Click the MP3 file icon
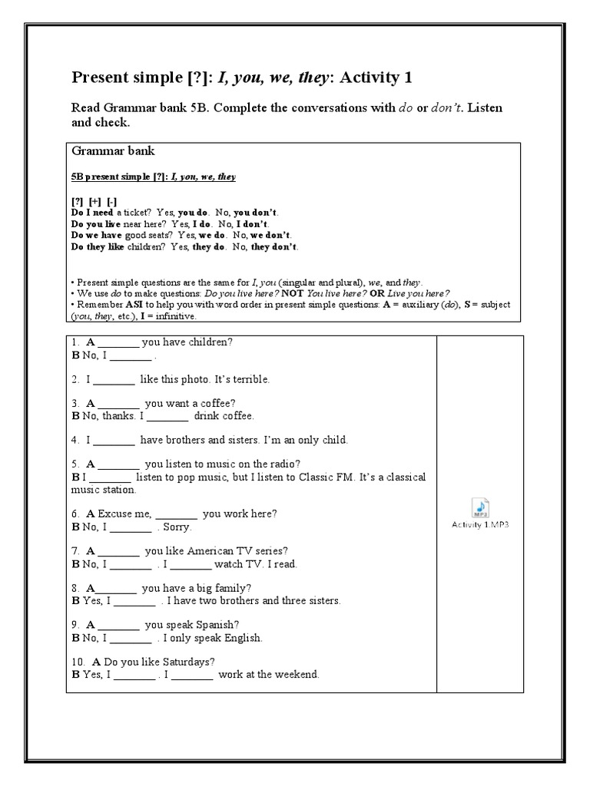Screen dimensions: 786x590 coord(480,507)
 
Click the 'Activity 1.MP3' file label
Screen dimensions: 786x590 coord(480,525)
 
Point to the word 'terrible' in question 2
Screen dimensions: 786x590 coord(250,379)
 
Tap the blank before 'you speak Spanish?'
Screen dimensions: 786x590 coord(119,625)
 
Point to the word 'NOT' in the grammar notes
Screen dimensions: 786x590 coord(295,293)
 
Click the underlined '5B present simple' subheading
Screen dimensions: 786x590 coord(115,177)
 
